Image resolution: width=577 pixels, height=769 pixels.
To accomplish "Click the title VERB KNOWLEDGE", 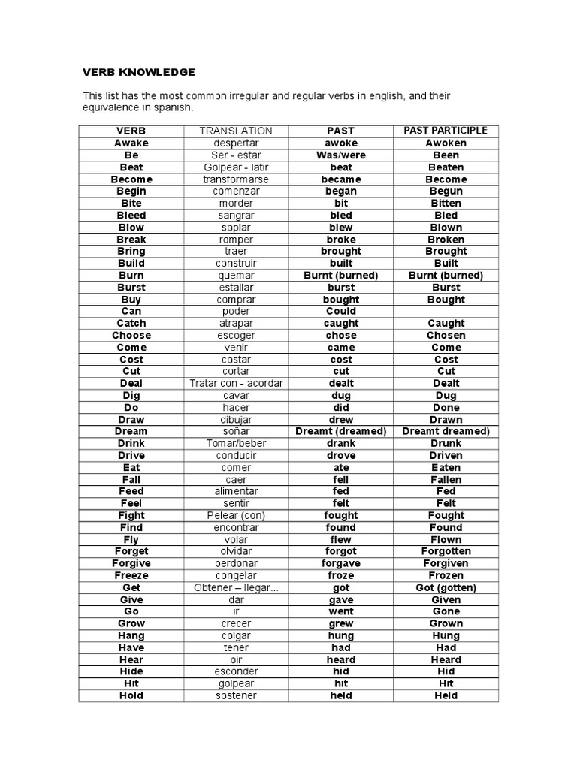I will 138,72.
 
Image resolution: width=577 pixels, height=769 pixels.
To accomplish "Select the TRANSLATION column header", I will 236,131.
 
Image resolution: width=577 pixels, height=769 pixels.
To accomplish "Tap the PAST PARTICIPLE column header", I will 446,131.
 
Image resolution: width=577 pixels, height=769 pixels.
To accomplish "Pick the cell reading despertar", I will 236,143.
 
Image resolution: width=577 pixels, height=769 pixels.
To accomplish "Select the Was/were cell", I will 341,155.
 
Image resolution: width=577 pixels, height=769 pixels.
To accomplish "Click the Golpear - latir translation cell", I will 236,167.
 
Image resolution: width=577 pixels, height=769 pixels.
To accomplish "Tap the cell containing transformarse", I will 236,179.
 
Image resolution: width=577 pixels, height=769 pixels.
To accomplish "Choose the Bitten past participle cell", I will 446,204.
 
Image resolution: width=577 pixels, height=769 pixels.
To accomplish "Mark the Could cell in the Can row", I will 341,312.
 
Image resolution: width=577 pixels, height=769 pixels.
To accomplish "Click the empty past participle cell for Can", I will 446,312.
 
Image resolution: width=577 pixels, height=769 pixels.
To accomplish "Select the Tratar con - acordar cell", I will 236,384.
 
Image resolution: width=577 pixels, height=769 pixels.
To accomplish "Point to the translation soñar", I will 236,432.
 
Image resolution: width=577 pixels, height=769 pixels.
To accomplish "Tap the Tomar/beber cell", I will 236,444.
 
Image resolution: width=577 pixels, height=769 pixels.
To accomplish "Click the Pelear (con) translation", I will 236,516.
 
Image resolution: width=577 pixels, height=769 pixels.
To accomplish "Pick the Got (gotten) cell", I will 446,588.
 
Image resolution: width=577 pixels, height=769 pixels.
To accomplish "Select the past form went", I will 341,612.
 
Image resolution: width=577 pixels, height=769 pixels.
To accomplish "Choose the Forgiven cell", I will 446,564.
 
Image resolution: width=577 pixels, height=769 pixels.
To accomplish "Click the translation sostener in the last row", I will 236,696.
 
